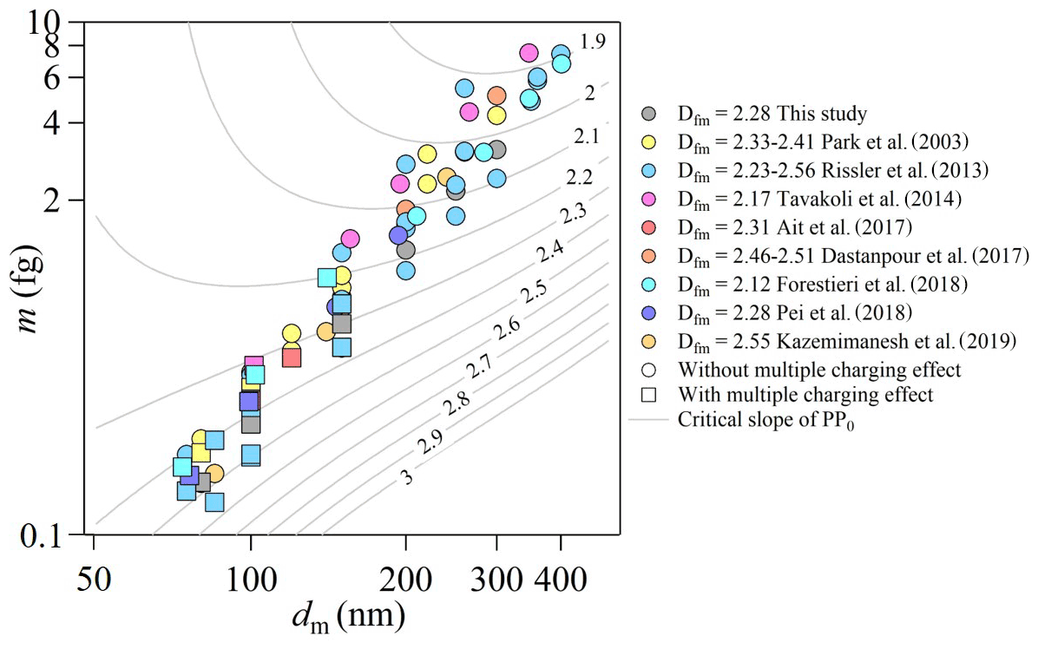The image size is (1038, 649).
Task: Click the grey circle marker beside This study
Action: (x=648, y=114)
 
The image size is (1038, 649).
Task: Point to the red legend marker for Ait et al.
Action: (x=648, y=227)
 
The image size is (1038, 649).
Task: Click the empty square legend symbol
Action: (x=648, y=396)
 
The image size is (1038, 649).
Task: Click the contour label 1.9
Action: (x=593, y=41)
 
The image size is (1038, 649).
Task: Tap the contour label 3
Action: (x=406, y=475)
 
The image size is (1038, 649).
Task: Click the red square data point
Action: (x=292, y=357)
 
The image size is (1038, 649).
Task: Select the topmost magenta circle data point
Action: (x=529, y=54)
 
